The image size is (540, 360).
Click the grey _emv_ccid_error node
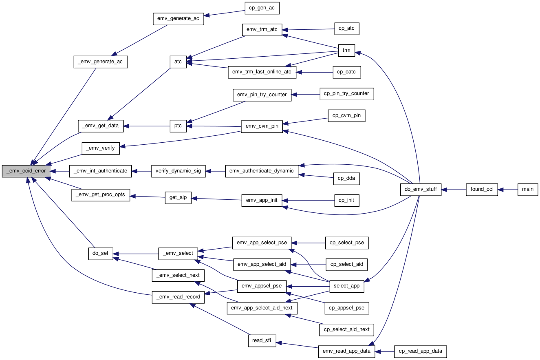click(26, 171)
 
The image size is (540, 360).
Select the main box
click(528, 190)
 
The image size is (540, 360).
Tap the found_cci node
click(482, 190)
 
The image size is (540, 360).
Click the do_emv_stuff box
click(421, 190)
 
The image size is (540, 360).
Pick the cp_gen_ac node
click(262, 8)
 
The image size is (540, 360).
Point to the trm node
click(346, 51)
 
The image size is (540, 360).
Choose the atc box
click(178, 62)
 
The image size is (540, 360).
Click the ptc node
click(178, 126)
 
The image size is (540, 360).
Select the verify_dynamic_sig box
click(179, 171)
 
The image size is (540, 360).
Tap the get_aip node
click(178, 198)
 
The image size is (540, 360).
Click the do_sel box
click(101, 254)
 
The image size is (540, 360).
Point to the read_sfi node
click(262, 341)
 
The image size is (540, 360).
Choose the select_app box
click(347, 287)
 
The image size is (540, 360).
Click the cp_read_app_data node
click(421, 351)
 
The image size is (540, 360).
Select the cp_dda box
click(346, 179)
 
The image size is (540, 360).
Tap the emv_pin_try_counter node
click(262, 95)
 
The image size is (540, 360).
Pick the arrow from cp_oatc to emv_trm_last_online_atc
click(315, 72)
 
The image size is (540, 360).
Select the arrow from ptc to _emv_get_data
click(147, 126)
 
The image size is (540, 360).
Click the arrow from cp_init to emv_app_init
click(309, 201)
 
